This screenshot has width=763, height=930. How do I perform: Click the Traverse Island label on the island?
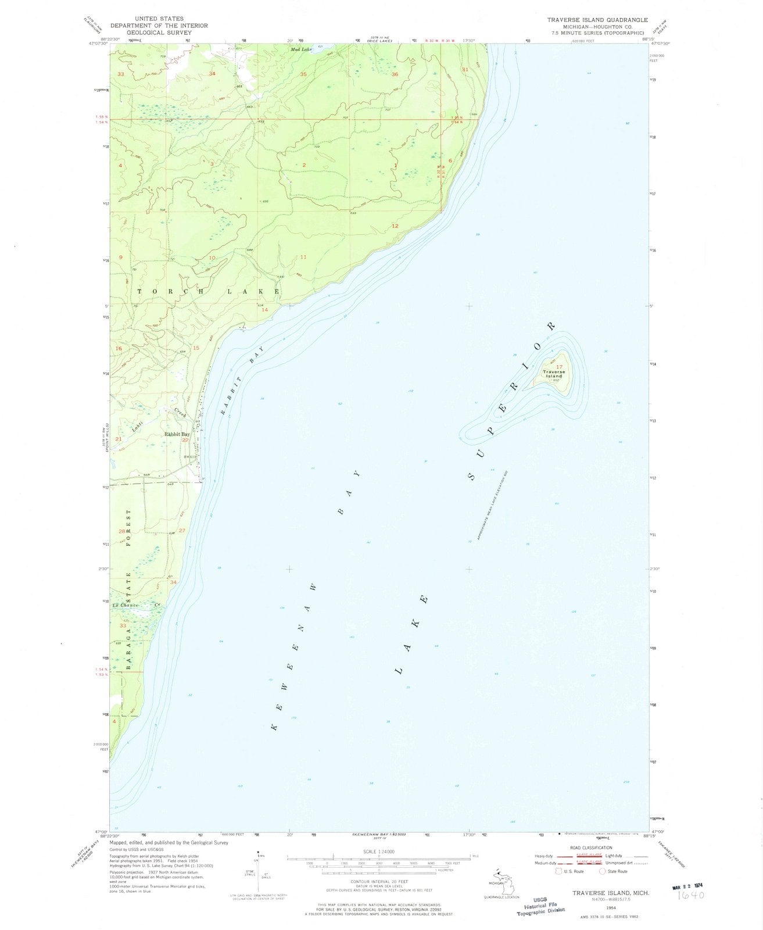pos(553,374)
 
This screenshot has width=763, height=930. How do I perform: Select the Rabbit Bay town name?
pos(177,434)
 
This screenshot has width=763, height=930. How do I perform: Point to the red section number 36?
pos(395,74)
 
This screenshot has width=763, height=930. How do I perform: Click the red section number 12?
pos(395,226)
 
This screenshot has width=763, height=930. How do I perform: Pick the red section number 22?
pos(185,440)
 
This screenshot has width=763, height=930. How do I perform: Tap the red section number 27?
pos(182,530)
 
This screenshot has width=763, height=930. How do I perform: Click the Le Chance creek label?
pos(135,606)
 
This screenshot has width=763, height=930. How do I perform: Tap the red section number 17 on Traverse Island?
pos(560,367)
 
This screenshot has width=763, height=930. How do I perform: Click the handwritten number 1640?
pos(690,896)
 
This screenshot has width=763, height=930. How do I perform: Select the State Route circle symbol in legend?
pos(603,871)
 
